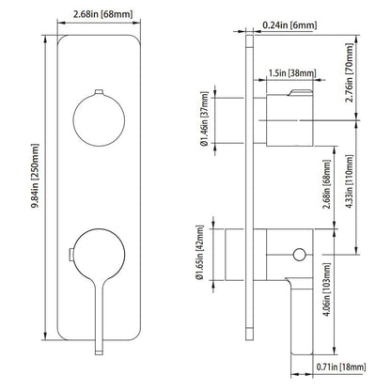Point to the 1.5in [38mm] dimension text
click(x=285, y=71)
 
